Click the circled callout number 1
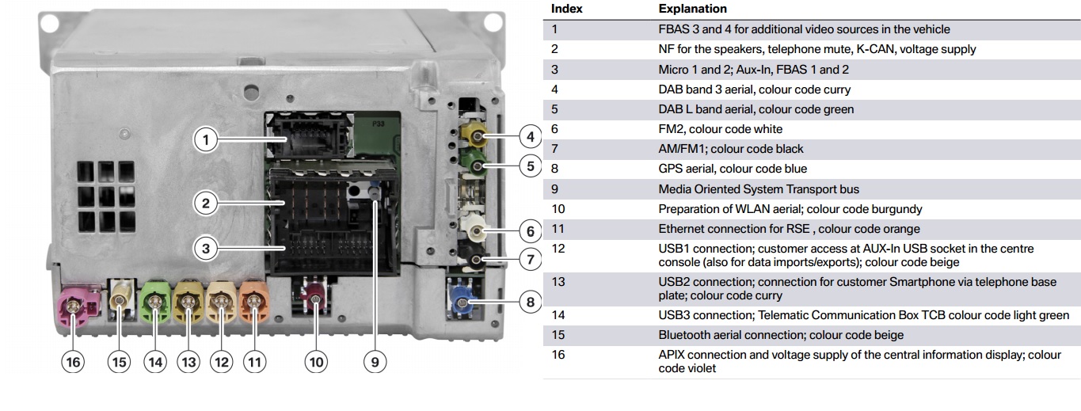click(x=205, y=141)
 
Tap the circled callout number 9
click(x=375, y=362)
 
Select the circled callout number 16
click(x=74, y=362)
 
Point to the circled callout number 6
click(x=530, y=232)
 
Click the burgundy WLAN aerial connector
click(x=316, y=299)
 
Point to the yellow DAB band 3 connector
click(x=478, y=140)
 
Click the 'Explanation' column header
click(x=692, y=10)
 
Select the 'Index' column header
click(x=566, y=10)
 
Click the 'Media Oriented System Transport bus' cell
click(x=758, y=189)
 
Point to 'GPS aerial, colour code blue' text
click(x=733, y=169)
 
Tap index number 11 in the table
click(x=558, y=229)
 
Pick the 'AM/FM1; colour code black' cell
click(x=730, y=149)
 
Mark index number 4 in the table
click(x=555, y=89)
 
